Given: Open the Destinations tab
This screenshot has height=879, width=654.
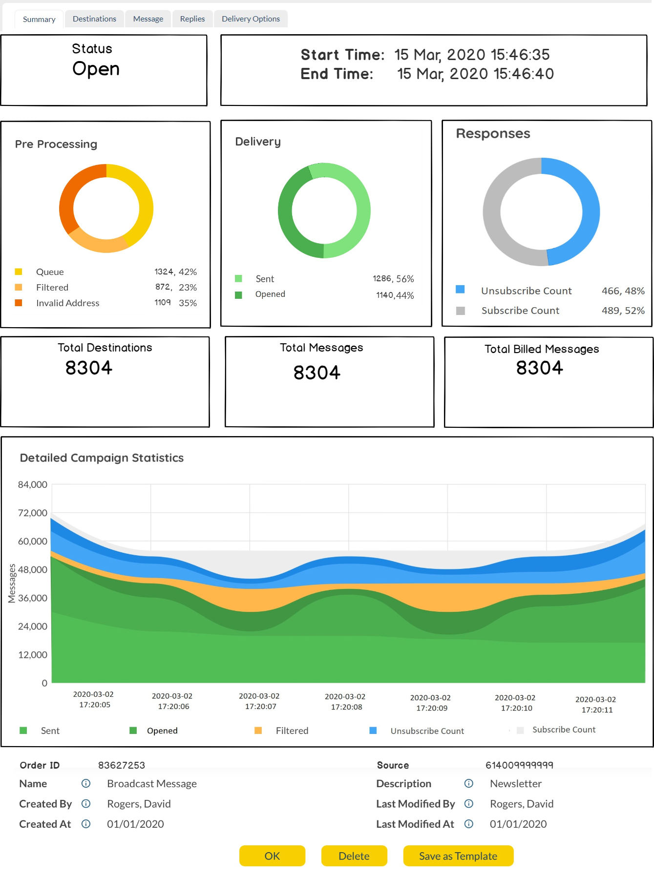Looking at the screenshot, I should [94, 19].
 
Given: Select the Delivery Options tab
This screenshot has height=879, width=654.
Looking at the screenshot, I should [251, 19].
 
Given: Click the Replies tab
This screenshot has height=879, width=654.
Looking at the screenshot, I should [192, 19].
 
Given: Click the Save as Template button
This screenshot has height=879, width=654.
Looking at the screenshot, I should [458, 856].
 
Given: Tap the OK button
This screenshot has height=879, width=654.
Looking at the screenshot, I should [272, 856].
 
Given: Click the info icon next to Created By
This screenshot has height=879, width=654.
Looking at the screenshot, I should [86, 804].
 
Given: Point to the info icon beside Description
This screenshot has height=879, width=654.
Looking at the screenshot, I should [469, 784].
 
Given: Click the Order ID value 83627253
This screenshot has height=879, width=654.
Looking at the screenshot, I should [122, 765].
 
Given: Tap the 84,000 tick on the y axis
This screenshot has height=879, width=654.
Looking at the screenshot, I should [33, 485].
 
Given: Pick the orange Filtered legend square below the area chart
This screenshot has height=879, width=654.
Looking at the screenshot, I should [258, 731].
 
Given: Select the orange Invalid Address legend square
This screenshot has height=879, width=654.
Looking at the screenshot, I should [19, 303].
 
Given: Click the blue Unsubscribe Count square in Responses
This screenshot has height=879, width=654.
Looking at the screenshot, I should [460, 290].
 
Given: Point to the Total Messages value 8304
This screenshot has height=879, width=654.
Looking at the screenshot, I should [316, 373].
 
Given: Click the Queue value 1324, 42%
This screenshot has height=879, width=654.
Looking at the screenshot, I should [175, 272].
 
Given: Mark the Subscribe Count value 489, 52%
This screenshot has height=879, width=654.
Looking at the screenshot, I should [623, 311].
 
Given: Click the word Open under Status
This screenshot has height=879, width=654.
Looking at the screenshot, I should [96, 69].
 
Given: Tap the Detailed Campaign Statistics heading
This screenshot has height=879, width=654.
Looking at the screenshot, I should [102, 458].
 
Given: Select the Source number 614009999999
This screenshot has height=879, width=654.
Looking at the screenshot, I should [519, 765].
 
